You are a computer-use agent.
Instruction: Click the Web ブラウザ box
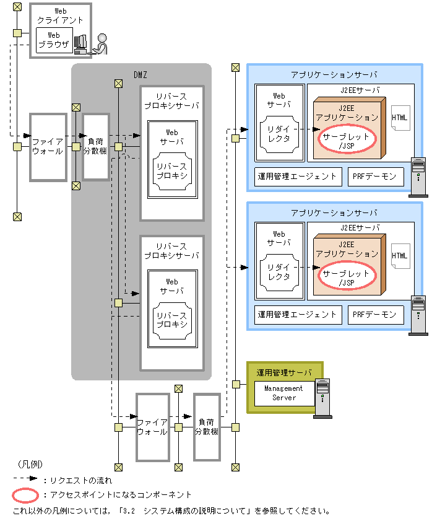[54, 40]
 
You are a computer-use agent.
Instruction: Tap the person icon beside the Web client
[101, 43]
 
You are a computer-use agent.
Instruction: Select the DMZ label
[140, 75]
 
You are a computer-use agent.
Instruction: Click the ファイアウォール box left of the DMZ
[48, 147]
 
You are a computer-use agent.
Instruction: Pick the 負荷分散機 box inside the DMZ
[96, 147]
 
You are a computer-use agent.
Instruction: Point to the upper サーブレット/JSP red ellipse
[347, 140]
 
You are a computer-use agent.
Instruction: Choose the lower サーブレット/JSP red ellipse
[347, 277]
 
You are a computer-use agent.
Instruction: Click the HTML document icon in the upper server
[400, 118]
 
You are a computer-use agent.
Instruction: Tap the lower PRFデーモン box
[374, 315]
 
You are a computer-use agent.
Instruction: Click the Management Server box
[284, 393]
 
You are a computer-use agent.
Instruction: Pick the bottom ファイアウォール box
[152, 427]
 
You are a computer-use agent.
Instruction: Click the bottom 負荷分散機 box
[206, 427]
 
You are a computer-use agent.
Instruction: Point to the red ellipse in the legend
[26, 495]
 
